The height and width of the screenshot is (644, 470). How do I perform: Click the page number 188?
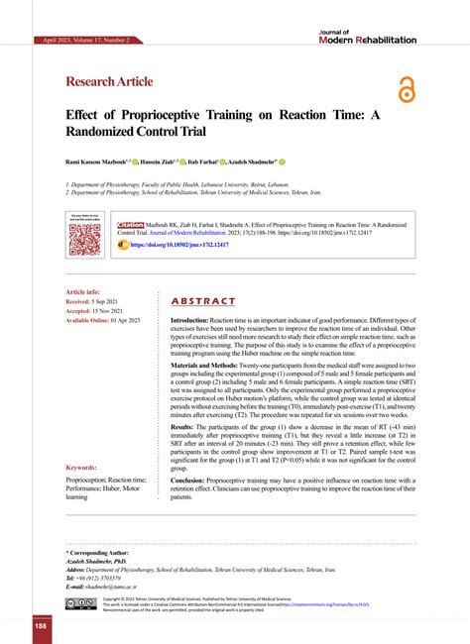[x=41, y=626]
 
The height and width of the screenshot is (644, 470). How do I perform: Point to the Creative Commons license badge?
[x=81, y=603]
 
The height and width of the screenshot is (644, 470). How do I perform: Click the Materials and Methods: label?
[x=216, y=366]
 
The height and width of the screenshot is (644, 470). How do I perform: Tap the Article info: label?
[x=82, y=292]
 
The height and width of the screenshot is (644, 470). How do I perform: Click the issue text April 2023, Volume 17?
[x=86, y=41]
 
